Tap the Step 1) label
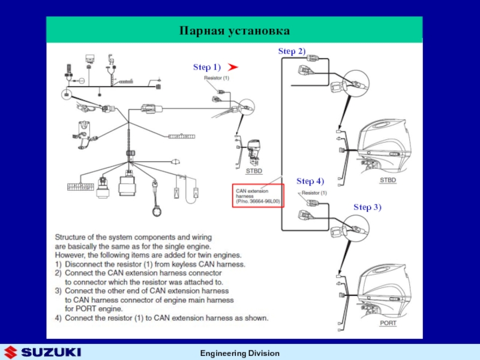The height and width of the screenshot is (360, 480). point(207,67)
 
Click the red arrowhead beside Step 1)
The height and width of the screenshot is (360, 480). point(233,67)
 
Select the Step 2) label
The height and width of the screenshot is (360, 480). point(292,52)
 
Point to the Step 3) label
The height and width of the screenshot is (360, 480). point(367,207)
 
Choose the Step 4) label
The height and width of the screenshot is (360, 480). point(310,181)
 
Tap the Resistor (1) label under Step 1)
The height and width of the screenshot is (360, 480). point(216,78)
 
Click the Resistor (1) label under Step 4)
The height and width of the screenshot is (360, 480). point(314,193)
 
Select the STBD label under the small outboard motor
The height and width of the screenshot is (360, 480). point(254,172)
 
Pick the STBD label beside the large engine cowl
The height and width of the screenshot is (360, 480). point(388,181)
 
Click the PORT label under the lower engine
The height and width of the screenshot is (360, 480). point(388,323)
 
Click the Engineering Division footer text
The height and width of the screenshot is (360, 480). point(239,353)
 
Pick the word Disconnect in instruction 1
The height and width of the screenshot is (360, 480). point(85,264)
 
